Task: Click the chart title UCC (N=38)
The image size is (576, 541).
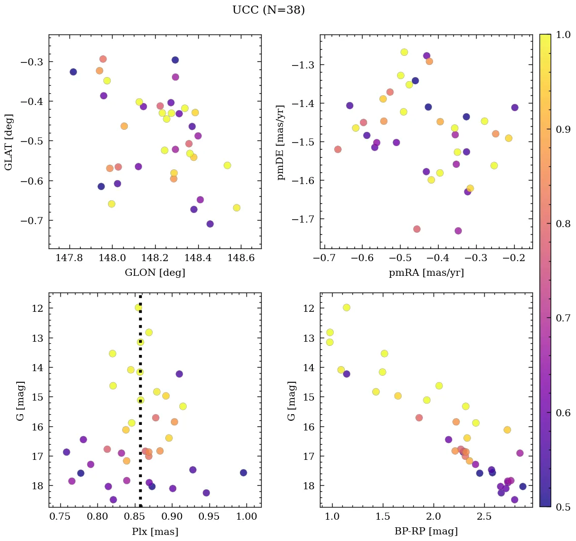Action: point(269,10)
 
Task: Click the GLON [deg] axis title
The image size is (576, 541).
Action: point(155,273)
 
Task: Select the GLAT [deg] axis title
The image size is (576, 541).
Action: point(9,141)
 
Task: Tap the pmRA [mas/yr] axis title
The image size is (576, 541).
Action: point(426,273)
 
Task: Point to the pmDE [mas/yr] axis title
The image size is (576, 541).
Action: point(280,142)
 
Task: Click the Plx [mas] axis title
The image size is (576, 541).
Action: point(155,531)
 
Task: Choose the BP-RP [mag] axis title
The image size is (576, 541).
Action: point(426,531)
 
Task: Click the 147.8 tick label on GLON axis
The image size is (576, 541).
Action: point(69,258)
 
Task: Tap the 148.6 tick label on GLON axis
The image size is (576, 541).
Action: point(240,258)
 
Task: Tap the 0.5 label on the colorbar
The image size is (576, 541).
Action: point(562,507)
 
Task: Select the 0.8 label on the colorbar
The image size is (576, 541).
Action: point(562,224)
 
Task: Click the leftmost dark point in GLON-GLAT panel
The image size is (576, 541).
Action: point(73,72)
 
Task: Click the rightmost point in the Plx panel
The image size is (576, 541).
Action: point(243,473)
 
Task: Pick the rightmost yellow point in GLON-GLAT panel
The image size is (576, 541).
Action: point(236,208)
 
